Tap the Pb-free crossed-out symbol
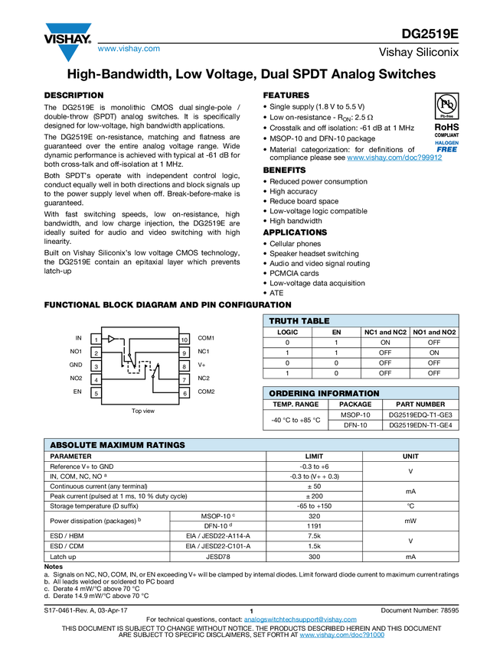pos(446,104)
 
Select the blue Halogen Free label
pos(446,147)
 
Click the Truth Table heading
pos(299,321)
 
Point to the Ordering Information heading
pos(324,394)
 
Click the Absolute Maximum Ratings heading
pos(117,445)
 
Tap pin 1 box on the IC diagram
pos(96,339)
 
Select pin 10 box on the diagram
pos(185,339)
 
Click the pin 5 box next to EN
pos(96,393)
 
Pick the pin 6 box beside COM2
pos(185,393)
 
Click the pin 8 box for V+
pos(185,366)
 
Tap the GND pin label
pos(76,366)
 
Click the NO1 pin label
pos(76,352)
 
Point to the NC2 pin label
pos(204,379)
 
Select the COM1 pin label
pos(206,338)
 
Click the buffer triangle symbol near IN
pos(112,338)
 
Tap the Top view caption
pos(142,411)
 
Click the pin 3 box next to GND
pos(96,366)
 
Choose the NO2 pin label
pos(76,379)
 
